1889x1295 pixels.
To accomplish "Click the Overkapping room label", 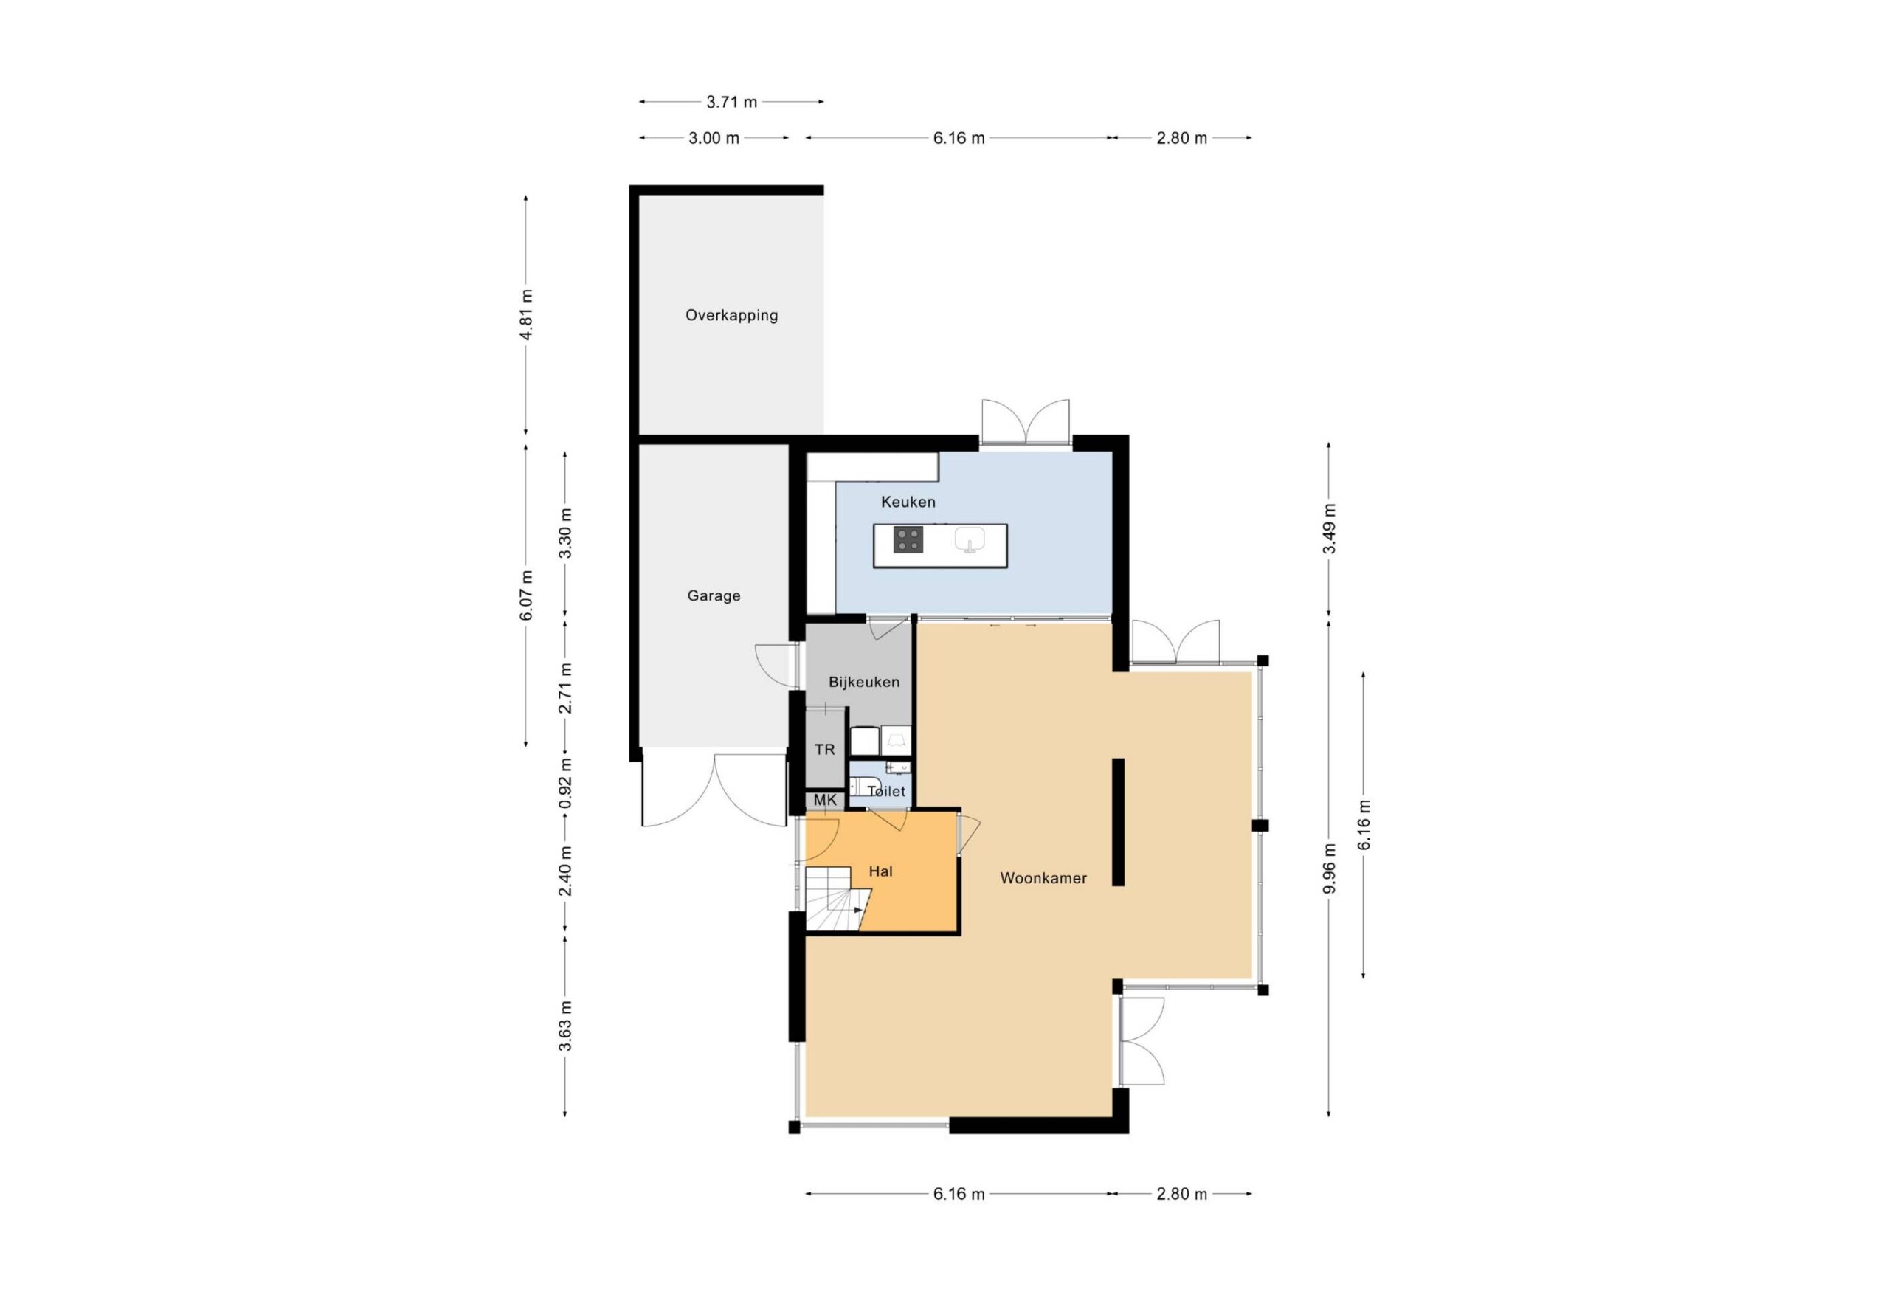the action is tap(731, 315).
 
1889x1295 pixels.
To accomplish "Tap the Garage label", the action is tap(714, 596).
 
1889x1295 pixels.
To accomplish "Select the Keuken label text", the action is tap(908, 503).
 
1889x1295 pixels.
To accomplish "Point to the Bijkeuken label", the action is tap(864, 682).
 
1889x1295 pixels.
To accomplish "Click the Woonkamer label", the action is tap(1043, 878).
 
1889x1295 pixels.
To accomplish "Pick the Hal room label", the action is tap(880, 871).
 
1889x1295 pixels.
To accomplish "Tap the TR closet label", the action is tap(824, 750).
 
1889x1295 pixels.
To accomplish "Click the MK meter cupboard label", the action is tap(825, 800).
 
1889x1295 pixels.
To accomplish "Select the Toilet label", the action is tap(886, 791).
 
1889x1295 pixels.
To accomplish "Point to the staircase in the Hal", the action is tap(838, 899).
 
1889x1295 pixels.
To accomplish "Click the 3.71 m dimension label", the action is tap(731, 103).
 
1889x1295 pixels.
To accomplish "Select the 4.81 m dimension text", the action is tap(527, 314).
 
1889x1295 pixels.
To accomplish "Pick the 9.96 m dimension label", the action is tap(1329, 868).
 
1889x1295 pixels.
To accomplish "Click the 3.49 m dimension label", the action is tap(1329, 528).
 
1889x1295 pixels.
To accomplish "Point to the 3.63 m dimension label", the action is tap(566, 1026).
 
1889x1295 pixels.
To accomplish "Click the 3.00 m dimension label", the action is tap(714, 138).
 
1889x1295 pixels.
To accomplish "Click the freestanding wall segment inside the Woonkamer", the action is tap(1119, 822).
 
